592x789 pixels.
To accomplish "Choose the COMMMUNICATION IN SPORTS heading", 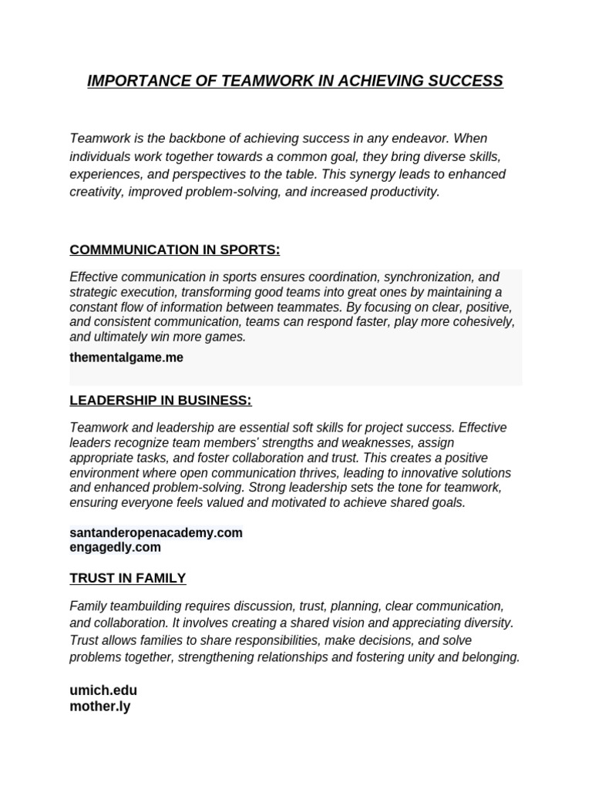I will tap(174, 250).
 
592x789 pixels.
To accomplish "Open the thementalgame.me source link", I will tap(126, 358).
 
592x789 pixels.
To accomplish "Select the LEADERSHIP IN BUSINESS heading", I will tap(160, 401).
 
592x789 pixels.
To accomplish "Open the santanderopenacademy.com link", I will tap(156, 532).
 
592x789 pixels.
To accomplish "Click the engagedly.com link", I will tap(115, 547).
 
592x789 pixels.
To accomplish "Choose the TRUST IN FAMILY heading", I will tap(127, 578).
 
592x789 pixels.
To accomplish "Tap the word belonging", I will tap(489, 657).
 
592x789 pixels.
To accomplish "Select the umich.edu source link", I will tap(103, 690).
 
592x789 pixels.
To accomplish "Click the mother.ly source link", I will tap(100, 706).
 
